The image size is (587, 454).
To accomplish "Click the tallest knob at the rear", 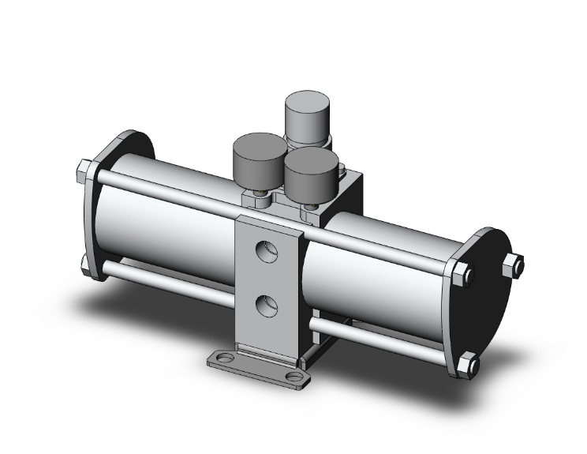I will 308,117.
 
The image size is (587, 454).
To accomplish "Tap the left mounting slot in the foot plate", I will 224,359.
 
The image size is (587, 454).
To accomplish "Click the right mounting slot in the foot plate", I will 294,377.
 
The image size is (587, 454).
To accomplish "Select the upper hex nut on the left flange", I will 85,170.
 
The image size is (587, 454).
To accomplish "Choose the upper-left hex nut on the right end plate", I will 464,274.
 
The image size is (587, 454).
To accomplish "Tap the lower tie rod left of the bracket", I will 166,280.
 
